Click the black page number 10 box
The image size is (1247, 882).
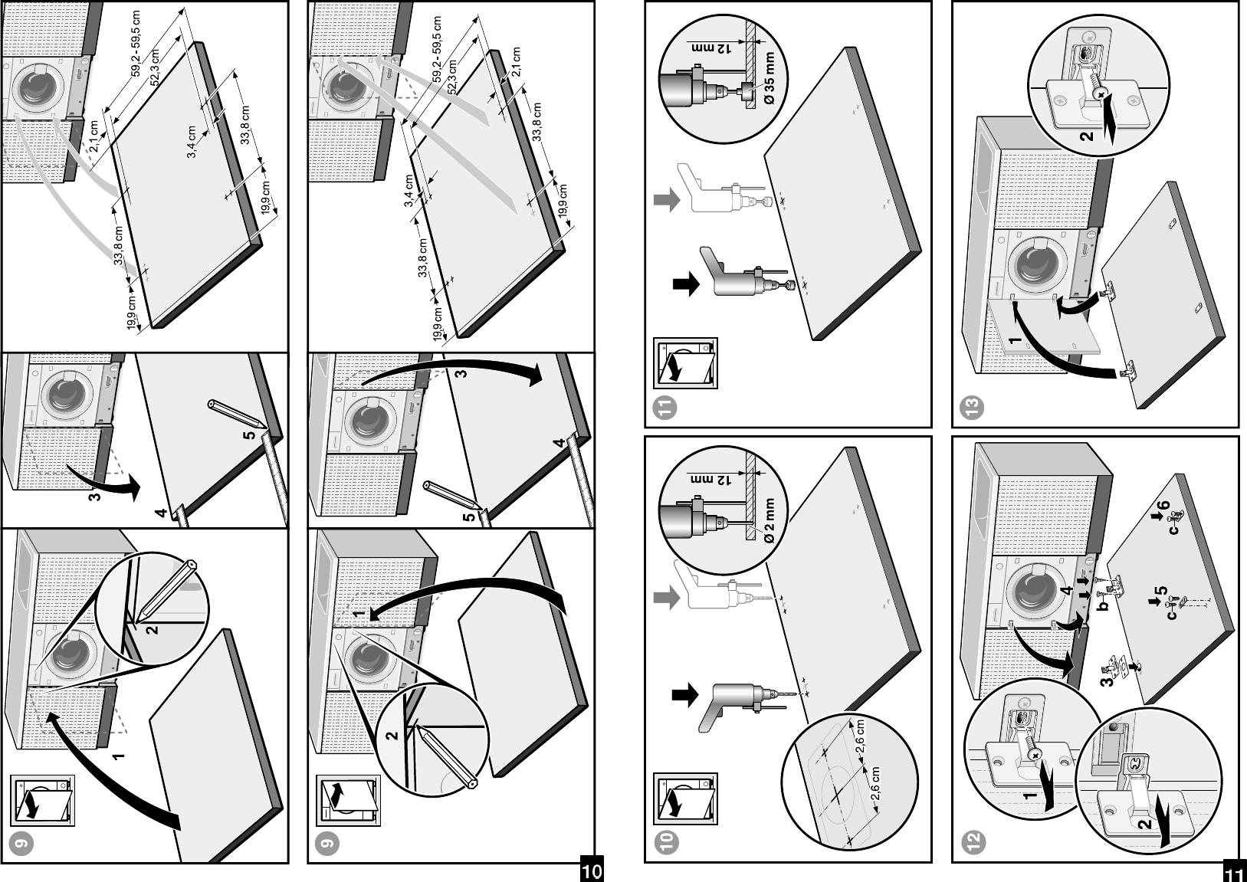pos(592,871)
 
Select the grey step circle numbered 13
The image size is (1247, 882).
pos(973,406)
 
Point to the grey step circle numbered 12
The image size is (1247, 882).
pos(973,841)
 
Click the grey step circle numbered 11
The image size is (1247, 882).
pos(667,406)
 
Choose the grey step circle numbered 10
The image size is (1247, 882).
pos(667,841)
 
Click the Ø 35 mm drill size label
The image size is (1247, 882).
pos(769,77)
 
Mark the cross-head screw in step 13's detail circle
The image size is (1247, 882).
pos(1101,93)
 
